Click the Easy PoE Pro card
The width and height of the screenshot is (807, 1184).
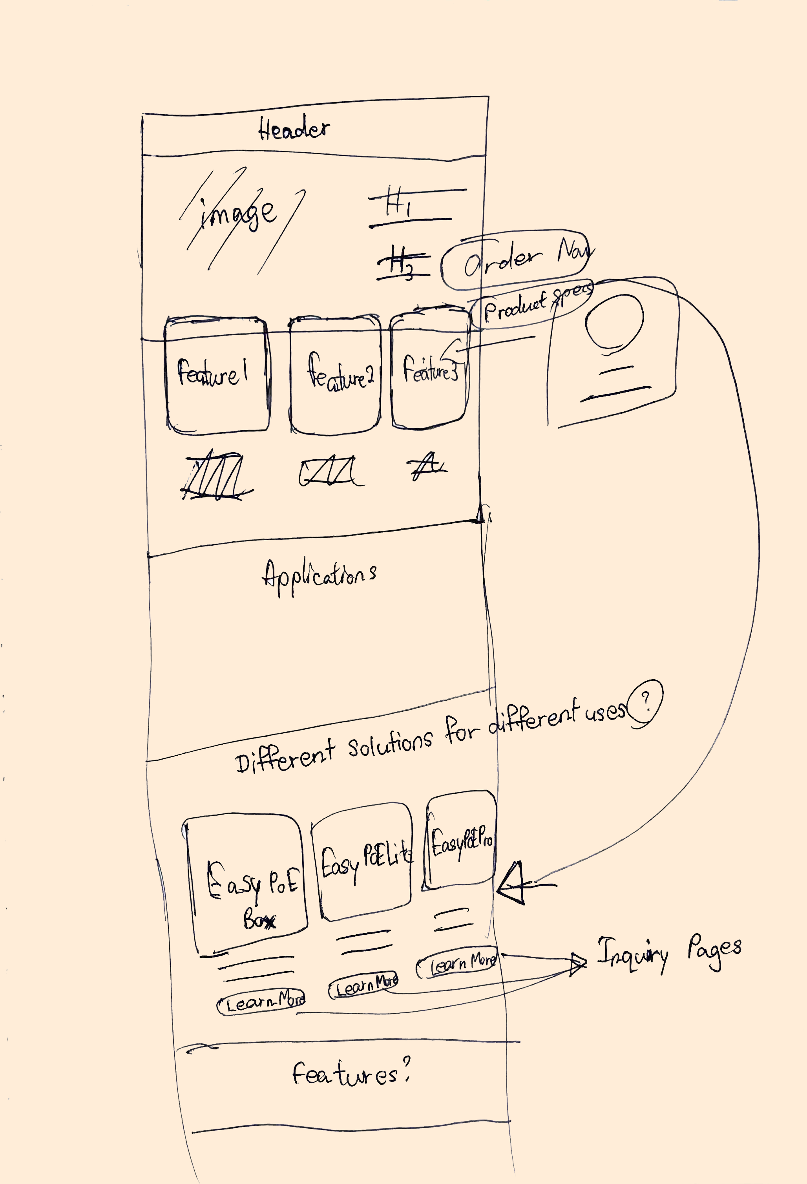(x=460, y=840)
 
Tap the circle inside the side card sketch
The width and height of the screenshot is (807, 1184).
(x=614, y=322)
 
